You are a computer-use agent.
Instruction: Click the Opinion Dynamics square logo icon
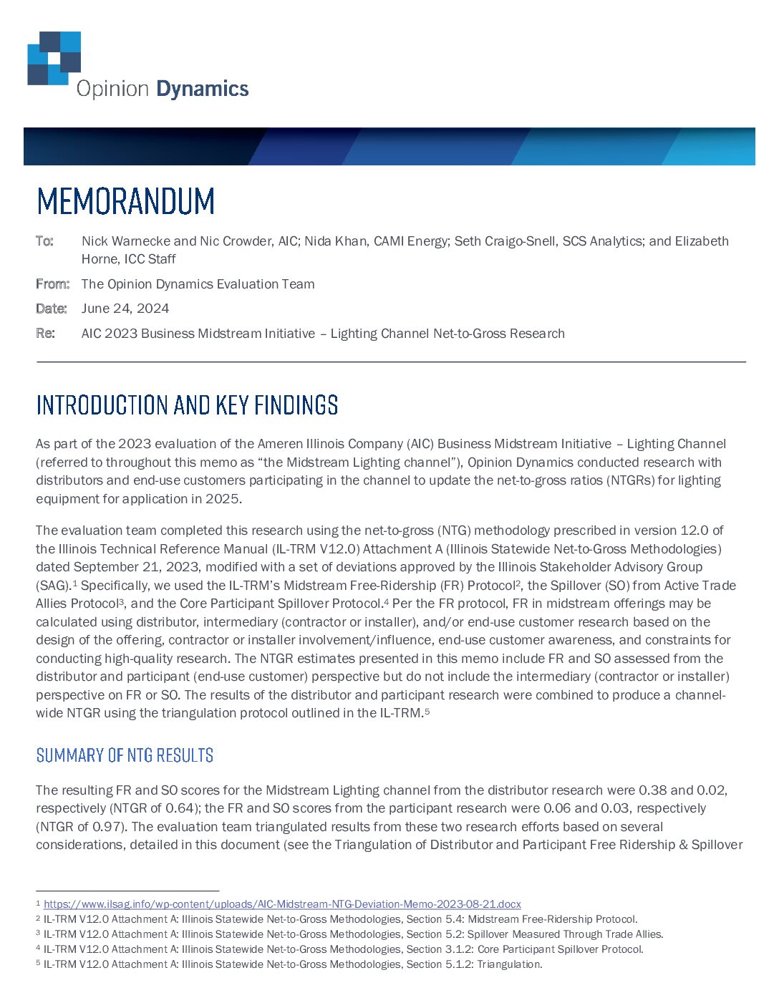point(54,58)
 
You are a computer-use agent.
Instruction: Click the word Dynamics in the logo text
point(202,89)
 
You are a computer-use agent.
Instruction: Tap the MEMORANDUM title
point(125,201)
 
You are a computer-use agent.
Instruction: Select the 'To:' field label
point(44,241)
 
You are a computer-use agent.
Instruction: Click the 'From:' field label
point(52,284)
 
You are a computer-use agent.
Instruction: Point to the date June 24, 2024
point(125,309)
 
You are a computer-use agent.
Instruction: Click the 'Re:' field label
point(45,334)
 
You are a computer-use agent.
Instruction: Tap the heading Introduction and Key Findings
point(187,405)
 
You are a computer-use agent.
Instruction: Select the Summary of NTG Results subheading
point(125,755)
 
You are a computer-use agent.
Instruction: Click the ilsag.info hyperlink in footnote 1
point(282,904)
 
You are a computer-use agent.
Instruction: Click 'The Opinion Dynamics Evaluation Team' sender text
point(198,284)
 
